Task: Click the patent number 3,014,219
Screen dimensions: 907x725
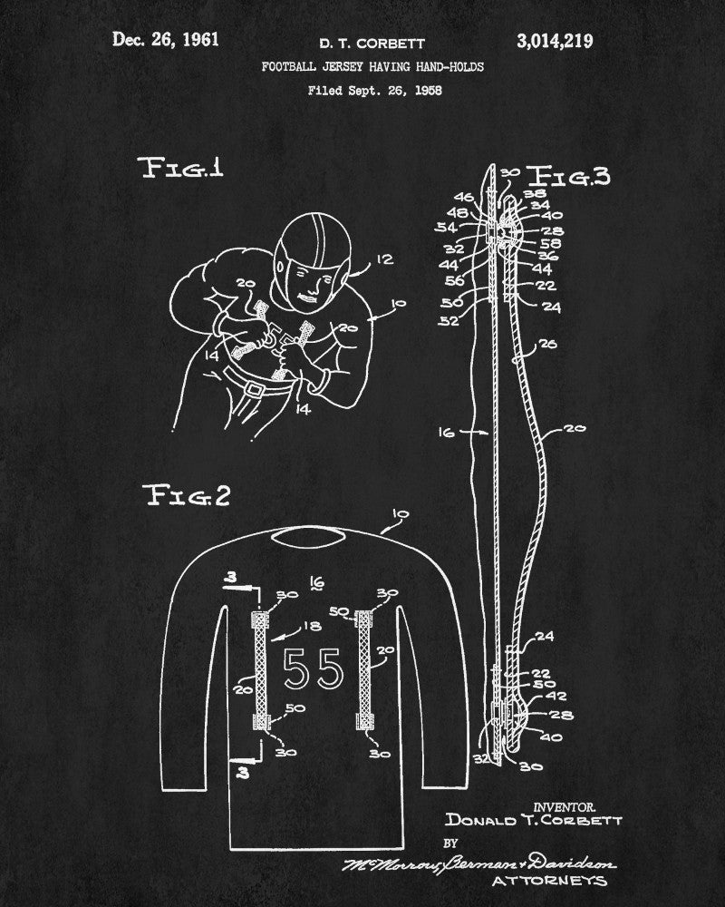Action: [555, 40]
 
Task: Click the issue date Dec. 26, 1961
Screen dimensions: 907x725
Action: [165, 40]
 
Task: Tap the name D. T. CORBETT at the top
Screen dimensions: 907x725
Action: [361, 43]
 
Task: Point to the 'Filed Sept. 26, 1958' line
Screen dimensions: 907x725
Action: [362, 90]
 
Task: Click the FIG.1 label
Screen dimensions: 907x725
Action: [180, 170]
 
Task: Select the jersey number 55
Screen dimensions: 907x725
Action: [313, 669]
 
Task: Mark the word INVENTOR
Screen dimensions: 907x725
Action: [565, 805]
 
